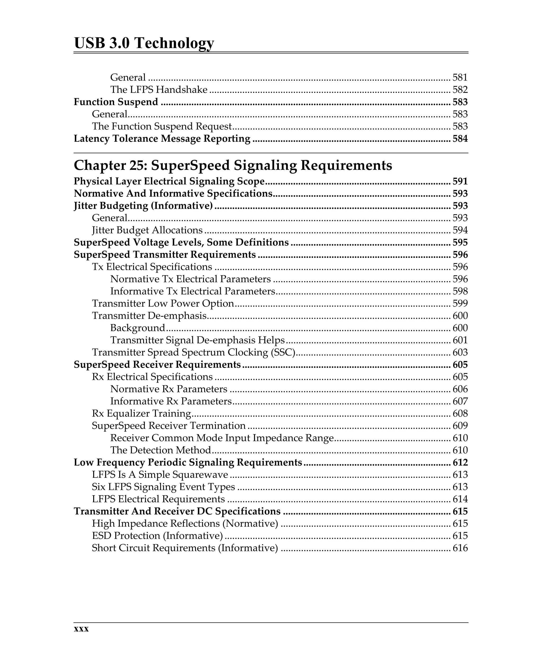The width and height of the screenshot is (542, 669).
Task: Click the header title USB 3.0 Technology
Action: pyautogui.click(x=144, y=43)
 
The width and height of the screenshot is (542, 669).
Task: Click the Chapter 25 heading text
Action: pyautogui.click(x=233, y=165)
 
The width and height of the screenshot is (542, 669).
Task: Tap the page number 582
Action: pyautogui.click(x=460, y=90)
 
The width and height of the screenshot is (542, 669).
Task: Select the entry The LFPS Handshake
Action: pyautogui.click(x=159, y=90)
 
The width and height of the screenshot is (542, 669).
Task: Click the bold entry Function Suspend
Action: pyautogui.click(x=116, y=102)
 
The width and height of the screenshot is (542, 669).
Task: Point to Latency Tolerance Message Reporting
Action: pyautogui.click(x=162, y=139)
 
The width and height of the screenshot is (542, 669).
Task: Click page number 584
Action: pyautogui.click(x=460, y=139)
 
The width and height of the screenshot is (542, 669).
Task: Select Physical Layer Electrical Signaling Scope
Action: pyautogui.click(x=169, y=181)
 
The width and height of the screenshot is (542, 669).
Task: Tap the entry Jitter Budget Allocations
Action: pyautogui.click(x=147, y=230)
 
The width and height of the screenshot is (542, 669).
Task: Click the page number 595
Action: pyautogui.click(x=460, y=243)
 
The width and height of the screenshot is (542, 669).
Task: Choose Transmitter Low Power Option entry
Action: pyautogui.click(x=163, y=304)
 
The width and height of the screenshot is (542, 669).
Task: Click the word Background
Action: pyautogui.click(x=137, y=328)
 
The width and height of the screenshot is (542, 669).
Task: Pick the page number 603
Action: pyautogui.click(x=460, y=353)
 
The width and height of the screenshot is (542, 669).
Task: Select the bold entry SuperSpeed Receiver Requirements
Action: pyautogui.click(x=157, y=365)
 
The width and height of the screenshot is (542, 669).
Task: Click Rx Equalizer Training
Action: pyautogui.click(x=141, y=413)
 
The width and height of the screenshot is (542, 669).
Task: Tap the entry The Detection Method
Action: pyautogui.click(x=160, y=450)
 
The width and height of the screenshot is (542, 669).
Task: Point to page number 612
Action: pyautogui.click(x=460, y=462)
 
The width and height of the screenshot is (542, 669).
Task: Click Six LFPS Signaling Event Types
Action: pyautogui.click(x=163, y=487)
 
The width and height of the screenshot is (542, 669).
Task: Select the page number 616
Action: pyautogui.click(x=460, y=548)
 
